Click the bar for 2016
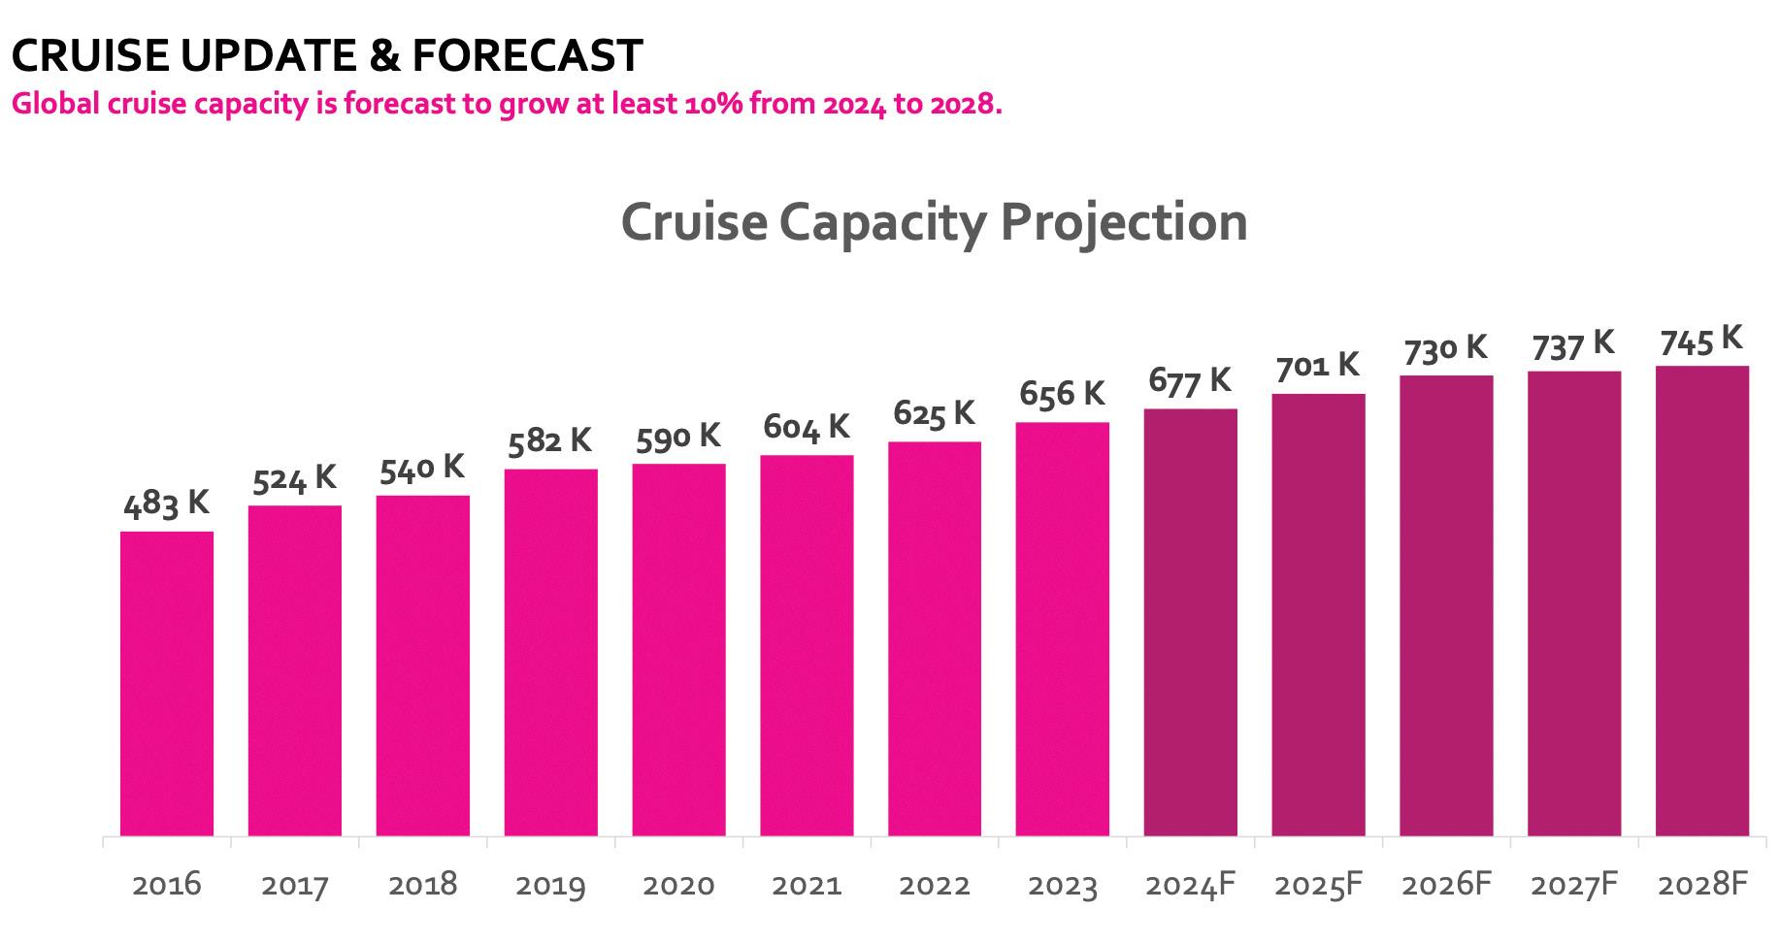click(x=167, y=683)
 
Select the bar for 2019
click(x=550, y=652)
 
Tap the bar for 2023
click(x=1062, y=629)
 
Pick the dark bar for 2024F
click(x=1190, y=622)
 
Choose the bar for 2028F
click(x=1701, y=601)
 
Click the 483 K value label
click(x=167, y=504)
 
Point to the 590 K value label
click(x=678, y=437)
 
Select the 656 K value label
click(x=1062, y=394)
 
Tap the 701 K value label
click(x=1317, y=366)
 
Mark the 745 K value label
click(x=1701, y=341)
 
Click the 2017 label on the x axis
click(x=295, y=885)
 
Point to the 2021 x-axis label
click(x=807, y=885)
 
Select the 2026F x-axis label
click(x=1446, y=885)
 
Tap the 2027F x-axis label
click(x=1574, y=885)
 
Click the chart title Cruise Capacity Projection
click(x=934, y=222)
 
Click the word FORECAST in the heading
click(x=526, y=56)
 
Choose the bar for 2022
click(x=934, y=638)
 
